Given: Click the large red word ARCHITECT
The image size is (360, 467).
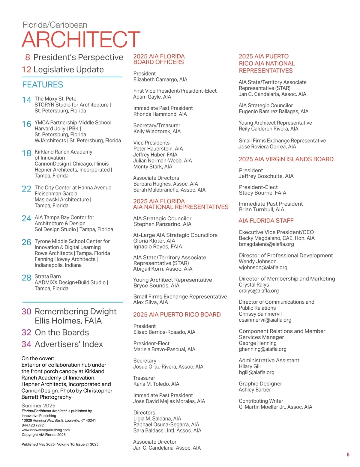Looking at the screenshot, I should pyautogui.click(x=81, y=40).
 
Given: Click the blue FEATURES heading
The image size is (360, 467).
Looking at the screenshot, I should pyautogui.click(x=43, y=85).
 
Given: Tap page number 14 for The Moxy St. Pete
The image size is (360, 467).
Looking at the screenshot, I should pyautogui.click(x=26, y=100).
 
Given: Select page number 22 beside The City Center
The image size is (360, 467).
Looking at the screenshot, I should pyautogui.click(x=26, y=189).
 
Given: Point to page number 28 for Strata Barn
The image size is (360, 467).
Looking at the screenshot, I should pyautogui.click(x=26, y=278).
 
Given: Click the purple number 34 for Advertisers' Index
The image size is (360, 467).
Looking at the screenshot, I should pyautogui.click(x=26, y=344).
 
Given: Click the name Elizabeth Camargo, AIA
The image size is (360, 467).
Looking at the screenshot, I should pyautogui.click(x=160, y=79).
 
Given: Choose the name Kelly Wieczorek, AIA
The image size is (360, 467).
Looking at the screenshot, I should pyautogui.click(x=157, y=131).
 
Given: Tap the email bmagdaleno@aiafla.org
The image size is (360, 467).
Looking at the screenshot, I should pyautogui.click(x=266, y=244).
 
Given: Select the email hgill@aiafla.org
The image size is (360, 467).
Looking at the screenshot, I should pyautogui.click(x=256, y=372).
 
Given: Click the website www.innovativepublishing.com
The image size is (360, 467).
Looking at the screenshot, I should pyautogui.click(x=46, y=430).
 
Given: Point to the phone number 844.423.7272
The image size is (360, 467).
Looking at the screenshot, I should pyautogui.click(x=33, y=425).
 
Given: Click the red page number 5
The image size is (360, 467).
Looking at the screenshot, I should pyautogui.click(x=348, y=454).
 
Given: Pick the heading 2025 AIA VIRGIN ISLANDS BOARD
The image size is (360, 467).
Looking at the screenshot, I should pyautogui.click(x=286, y=159).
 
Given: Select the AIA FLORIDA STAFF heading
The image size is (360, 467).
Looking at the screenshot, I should pyautogui.click(x=266, y=221).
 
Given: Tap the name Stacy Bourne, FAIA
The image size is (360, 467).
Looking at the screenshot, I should pyautogui.click(x=262, y=193).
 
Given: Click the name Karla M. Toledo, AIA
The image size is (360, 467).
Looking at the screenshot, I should pyautogui.click(x=156, y=384).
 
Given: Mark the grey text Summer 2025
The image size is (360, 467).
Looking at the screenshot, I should pyautogui.click(x=38, y=406).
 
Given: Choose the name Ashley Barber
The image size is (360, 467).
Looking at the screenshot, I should pyautogui.click(x=255, y=390).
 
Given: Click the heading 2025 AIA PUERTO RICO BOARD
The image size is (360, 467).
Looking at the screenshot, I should pyautogui.click(x=177, y=314).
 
